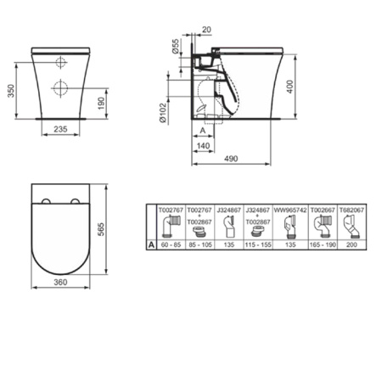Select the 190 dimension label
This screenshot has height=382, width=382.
103,102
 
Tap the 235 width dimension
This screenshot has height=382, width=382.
61,129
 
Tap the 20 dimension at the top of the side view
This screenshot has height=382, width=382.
207,30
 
